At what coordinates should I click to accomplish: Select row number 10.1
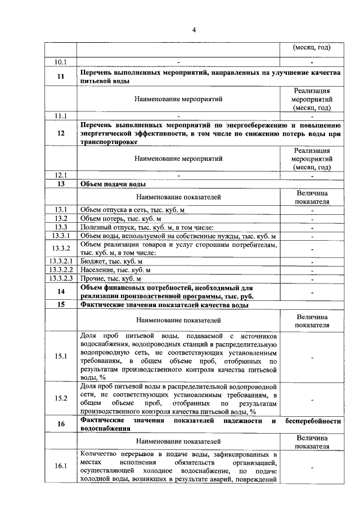click(60, 61)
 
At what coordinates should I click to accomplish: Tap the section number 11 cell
click(61, 76)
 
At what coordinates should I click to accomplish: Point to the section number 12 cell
click(61, 134)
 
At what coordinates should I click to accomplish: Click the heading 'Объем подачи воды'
click(113, 184)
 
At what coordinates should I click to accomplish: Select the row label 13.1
click(61, 210)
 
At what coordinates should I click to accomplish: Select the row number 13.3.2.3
click(60, 278)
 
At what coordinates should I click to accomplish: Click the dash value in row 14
click(312, 292)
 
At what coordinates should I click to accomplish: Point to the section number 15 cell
click(61, 305)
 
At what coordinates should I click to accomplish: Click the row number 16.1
click(60, 466)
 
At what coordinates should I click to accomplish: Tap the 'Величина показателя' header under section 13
click(312, 197)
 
